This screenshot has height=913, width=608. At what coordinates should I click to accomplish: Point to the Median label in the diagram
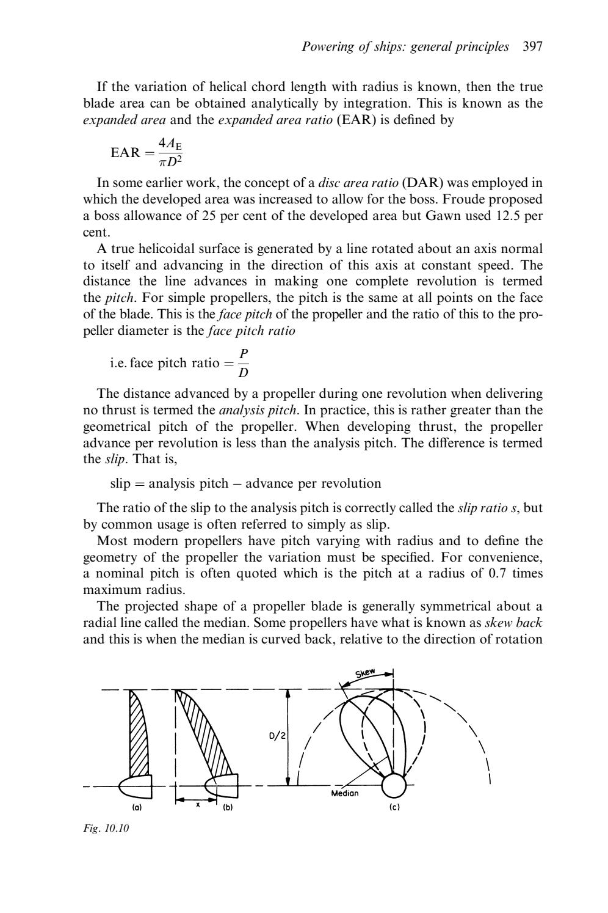click(344, 793)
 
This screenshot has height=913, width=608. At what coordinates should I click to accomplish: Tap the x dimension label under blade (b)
click(197, 805)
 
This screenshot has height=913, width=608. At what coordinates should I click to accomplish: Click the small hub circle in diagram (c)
click(394, 786)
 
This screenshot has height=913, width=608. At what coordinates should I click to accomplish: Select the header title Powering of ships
click(406, 46)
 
